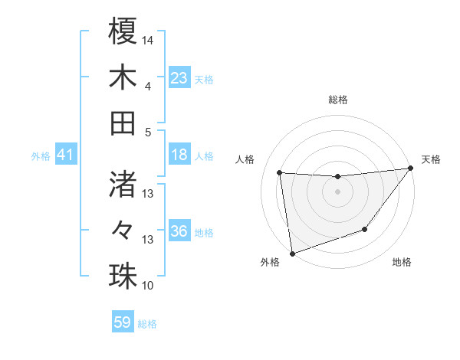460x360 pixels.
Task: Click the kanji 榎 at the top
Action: [123, 32]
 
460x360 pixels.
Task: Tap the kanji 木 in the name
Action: [123, 77]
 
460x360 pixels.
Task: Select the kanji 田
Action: [123, 123]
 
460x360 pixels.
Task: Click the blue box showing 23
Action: [179, 78]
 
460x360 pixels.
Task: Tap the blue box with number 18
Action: [179, 155]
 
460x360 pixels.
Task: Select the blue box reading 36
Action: [179, 231]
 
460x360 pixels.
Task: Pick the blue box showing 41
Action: [65, 155]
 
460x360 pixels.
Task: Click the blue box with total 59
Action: [123, 322]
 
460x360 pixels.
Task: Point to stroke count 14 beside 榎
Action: [149, 39]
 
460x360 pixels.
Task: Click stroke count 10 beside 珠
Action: [149, 286]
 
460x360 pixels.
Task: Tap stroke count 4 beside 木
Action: [148, 87]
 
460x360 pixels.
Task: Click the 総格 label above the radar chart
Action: [338, 100]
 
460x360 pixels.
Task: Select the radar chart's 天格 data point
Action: [411, 169]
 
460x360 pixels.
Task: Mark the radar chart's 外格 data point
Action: [292, 253]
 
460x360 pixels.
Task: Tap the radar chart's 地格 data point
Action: [365, 229]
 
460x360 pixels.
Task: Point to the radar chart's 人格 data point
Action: [280, 173]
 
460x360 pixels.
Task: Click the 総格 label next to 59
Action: [147, 324]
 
